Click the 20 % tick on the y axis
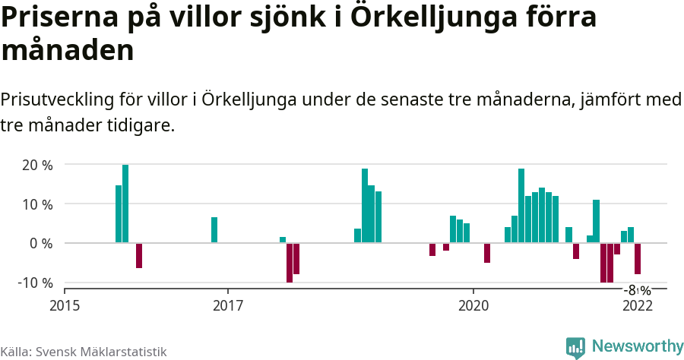tap(37, 165)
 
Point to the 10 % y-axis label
tap(37, 204)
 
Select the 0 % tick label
tap(41, 244)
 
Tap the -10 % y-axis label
tap(35, 283)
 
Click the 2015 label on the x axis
tap(65, 305)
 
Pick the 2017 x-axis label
tap(228, 305)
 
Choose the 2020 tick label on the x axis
tap(473, 305)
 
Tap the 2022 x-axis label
tap(637, 305)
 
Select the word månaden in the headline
tap(68, 51)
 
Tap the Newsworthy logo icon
tap(575, 347)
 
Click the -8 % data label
tap(638, 290)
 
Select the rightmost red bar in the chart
tap(638, 259)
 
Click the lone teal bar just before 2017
tap(214, 230)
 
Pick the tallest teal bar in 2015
tap(125, 204)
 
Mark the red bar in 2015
tap(139, 256)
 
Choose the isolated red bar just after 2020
tap(487, 253)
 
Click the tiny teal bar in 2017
tap(283, 240)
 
